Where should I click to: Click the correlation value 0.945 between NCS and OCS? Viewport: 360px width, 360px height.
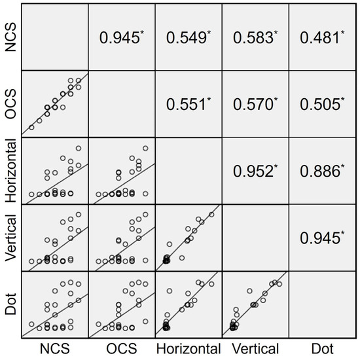[x=120, y=38]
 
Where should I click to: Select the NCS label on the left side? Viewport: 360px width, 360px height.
[x=10, y=38]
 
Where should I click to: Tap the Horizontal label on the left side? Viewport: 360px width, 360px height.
[x=10, y=171]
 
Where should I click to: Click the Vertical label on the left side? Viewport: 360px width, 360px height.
[x=10, y=238]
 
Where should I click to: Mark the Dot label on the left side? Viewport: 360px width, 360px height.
[x=10, y=305]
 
